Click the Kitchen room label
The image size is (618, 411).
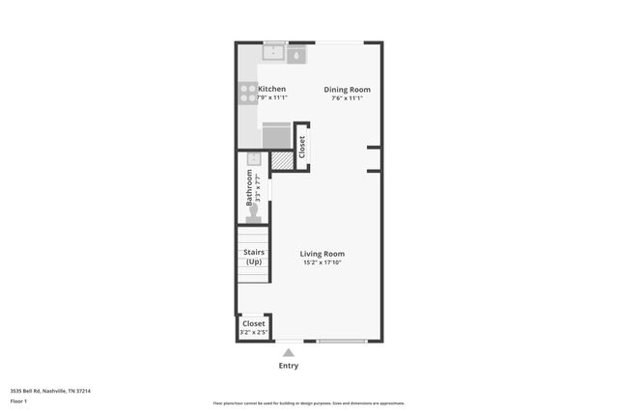point(271,89)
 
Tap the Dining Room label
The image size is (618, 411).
point(347,89)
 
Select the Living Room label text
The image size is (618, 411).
point(323,254)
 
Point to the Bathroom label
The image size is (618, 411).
point(249,188)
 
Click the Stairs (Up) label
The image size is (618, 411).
point(254,258)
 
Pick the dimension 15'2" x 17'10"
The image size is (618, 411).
point(323,262)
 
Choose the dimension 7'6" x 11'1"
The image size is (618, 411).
point(347,97)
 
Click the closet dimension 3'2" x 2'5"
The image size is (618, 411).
point(253,333)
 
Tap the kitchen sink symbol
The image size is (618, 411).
point(273,53)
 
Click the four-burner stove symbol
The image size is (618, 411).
point(246,93)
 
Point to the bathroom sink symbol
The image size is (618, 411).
point(254,160)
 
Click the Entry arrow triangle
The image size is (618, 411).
point(289,352)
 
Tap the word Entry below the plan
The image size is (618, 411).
point(289,366)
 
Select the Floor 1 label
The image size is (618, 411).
point(19,399)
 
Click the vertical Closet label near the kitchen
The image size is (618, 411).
point(302,147)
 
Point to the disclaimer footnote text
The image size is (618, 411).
point(309,403)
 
